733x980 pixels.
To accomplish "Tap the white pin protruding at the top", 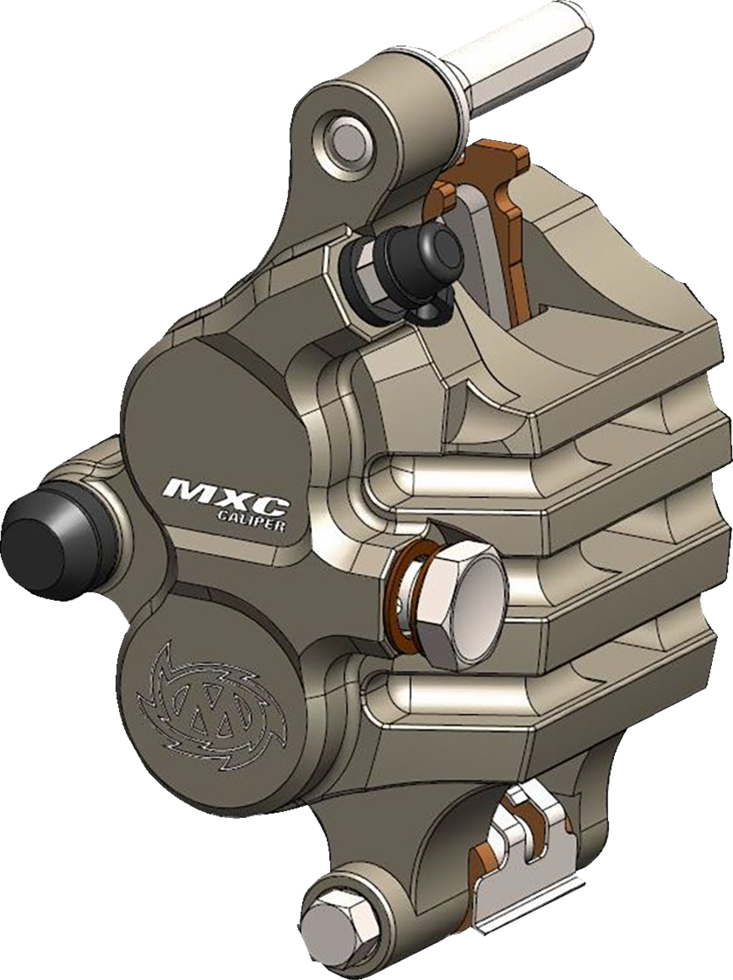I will (x=542, y=46).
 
